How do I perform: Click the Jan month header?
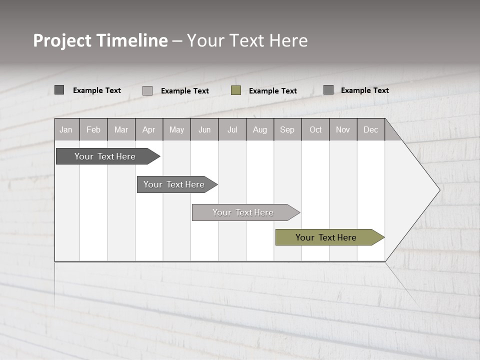[66, 129]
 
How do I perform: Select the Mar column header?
[121, 129]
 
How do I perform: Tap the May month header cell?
[176, 129]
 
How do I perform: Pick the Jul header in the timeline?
[232, 129]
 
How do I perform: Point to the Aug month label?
[259, 129]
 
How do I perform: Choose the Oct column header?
[315, 129]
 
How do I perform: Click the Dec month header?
[370, 129]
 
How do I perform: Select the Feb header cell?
[93, 129]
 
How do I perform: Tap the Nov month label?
[342, 129]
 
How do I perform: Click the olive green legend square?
[236, 90]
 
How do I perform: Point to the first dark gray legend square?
[59, 90]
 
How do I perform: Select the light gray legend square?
[147, 90]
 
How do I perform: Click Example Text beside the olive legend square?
[272, 91]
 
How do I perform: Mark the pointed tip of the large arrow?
[439, 189]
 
